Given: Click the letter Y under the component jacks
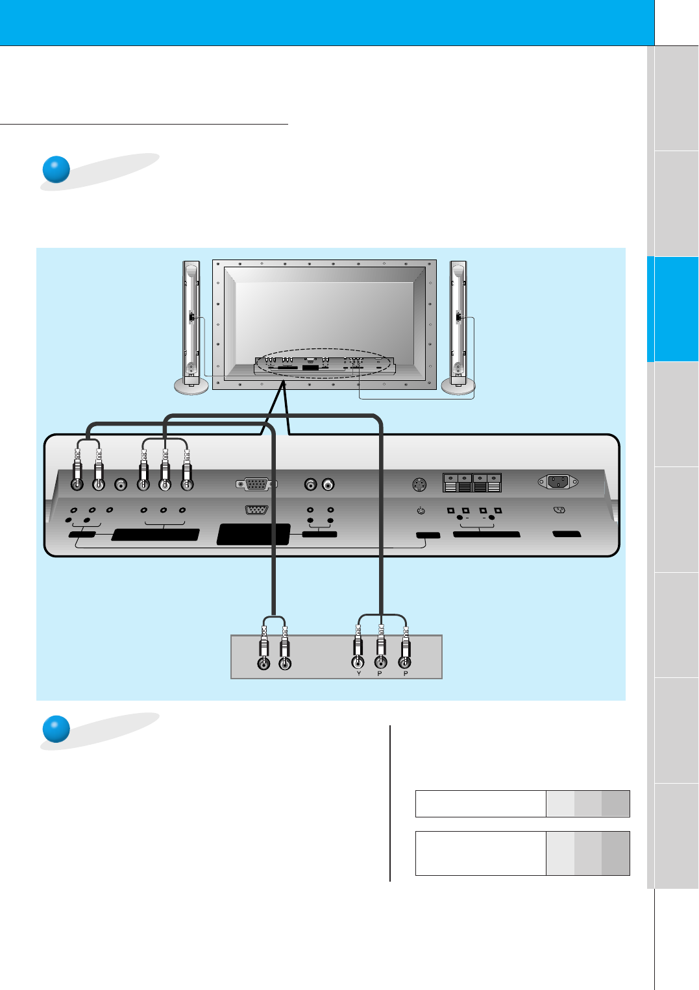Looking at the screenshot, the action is (358, 674).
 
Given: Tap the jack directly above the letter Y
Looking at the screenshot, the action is (358, 662).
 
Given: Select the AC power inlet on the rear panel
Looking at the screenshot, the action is (558, 482).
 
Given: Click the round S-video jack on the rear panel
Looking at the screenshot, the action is (420, 484).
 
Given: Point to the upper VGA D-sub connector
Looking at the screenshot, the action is (257, 484).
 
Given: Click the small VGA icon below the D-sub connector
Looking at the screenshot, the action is (257, 509).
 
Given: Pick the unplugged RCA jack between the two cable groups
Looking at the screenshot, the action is (120, 484).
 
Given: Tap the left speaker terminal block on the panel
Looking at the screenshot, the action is (458, 483).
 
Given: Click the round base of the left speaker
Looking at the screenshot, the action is (191, 386).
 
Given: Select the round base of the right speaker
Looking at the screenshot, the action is (458, 386).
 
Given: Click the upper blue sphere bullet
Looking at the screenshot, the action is (56, 169).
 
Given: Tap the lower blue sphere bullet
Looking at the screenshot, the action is (56, 729).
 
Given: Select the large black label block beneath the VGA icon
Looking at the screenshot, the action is (253, 534).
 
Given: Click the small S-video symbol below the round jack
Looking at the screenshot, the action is (421, 511).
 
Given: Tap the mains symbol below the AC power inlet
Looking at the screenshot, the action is (559, 510).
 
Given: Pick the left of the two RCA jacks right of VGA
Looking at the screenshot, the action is (311, 484).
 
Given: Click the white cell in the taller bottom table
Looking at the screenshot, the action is (480, 853).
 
